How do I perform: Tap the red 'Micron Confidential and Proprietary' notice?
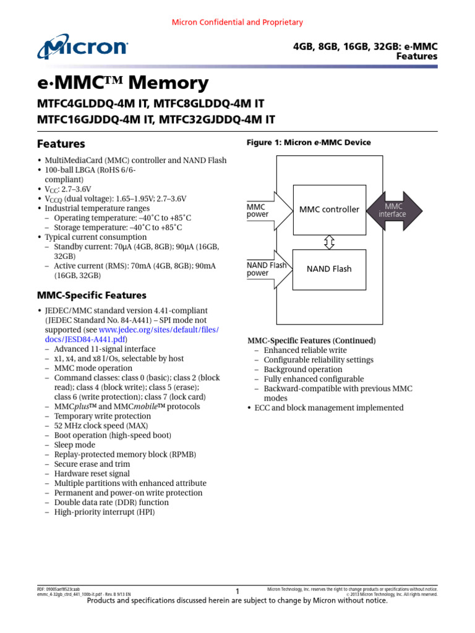[x=237, y=22]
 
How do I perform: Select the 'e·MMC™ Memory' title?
[x=123, y=83]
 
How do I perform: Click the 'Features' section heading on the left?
[x=61, y=144]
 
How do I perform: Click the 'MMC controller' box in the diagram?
[x=329, y=210]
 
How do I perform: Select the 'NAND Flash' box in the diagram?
[x=329, y=269]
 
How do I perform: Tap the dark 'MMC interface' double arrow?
[x=393, y=210]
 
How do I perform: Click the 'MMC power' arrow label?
[x=258, y=210]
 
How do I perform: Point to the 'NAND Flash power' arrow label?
[x=267, y=269]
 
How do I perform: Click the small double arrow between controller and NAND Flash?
[x=329, y=242]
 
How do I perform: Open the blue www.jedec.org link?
[x=159, y=330]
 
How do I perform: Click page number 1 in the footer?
[x=237, y=592]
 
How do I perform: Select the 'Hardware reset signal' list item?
[x=92, y=474]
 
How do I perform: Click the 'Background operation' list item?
[x=303, y=370]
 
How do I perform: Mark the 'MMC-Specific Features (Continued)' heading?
[x=312, y=341]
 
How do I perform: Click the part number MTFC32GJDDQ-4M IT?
[x=217, y=119]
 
